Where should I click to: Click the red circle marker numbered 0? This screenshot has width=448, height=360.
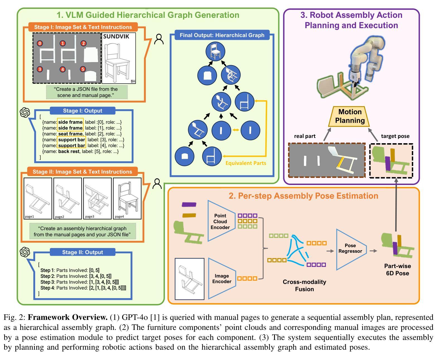[40, 43]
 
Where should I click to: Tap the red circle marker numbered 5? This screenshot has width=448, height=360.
[83, 69]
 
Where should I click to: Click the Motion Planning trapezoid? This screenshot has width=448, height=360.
[350, 116]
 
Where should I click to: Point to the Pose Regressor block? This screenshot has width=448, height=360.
[350, 248]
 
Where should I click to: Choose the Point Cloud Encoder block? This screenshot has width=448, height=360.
[220, 222]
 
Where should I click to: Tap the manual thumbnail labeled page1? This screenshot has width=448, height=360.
[38, 198]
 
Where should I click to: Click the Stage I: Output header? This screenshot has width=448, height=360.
[83, 111]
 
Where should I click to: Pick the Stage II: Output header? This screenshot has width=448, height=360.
[83, 252]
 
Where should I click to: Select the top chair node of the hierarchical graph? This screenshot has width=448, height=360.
[215, 52]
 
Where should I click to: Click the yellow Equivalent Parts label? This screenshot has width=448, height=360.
[246, 163]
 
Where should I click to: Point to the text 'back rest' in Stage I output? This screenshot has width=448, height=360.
[68, 152]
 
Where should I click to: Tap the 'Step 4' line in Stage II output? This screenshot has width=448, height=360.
[83, 288]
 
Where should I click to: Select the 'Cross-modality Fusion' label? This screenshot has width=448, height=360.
[304, 285]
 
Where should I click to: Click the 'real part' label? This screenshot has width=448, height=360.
[305, 136]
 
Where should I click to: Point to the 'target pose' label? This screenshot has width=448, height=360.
[395, 136]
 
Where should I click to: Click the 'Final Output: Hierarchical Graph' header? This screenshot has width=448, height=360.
[222, 35]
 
